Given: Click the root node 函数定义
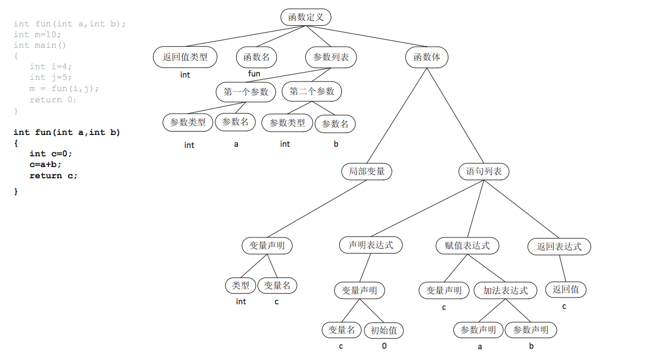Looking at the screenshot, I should pyautogui.click(x=306, y=17).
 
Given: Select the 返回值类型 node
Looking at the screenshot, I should pyautogui.click(x=185, y=57).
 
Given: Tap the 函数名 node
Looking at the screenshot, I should pyautogui.click(x=256, y=57).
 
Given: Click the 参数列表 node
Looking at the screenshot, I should pyautogui.click(x=331, y=57).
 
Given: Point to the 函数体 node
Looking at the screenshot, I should pyautogui.click(x=427, y=57).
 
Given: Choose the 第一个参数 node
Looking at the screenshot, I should pyautogui.click(x=246, y=92).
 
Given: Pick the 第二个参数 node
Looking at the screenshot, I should pyautogui.click(x=312, y=92).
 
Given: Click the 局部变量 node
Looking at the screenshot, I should pyautogui.click(x=367, y=171).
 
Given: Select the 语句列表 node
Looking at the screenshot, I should pyautogui.click(x=484, y=171).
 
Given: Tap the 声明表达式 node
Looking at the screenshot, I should pyautogui.click(x=371, y=245).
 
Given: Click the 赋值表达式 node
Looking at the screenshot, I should pyautogui.click(x=467, y=245).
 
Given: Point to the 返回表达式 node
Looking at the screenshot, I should pyautogui.click(x=560, y=246).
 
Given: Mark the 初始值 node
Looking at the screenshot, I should pyautogui.click(x=384, y=330).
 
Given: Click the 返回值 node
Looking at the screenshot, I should pyautogui.click(x=566, y=289).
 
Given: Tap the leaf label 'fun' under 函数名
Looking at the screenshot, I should pyautogui.click(x=254, y=74).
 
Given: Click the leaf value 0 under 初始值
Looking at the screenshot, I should pyautogui.click(x=384, y=346).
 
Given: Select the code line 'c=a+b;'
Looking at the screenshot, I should pyautogui.click(x=46, y=164).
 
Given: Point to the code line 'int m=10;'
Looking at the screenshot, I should pyautogui.click(x=37, y=34).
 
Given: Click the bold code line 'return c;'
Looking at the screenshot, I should pyautogui.click(x=53, y=175).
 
